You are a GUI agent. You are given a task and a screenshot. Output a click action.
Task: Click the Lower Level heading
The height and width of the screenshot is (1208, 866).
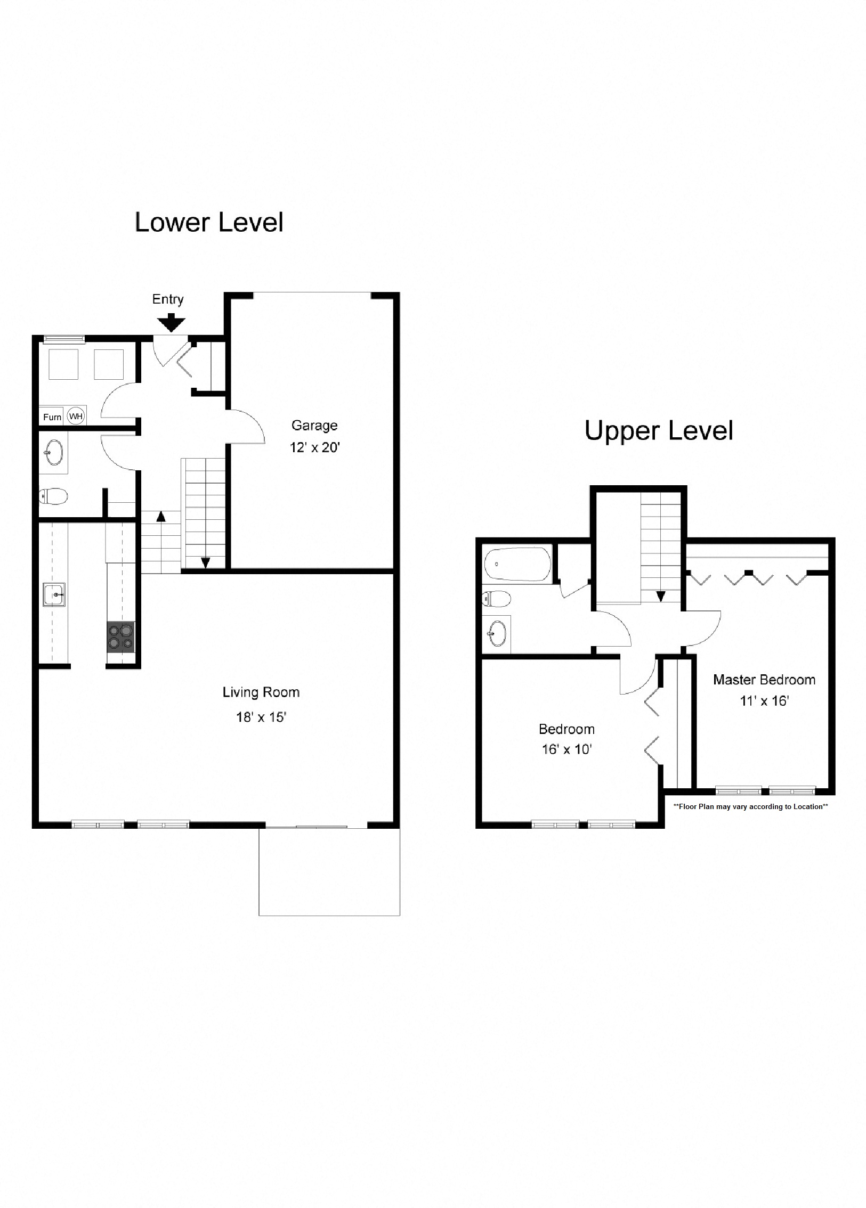208,222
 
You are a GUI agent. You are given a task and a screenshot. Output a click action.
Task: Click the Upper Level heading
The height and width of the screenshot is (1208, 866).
658,430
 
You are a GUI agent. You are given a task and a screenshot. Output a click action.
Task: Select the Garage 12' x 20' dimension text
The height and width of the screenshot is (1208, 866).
314,447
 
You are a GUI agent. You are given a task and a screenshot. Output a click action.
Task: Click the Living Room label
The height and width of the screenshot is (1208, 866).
261,692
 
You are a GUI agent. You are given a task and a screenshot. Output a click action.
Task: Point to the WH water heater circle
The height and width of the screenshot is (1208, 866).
76,416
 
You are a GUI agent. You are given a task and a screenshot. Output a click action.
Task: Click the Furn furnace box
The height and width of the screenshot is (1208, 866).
52,417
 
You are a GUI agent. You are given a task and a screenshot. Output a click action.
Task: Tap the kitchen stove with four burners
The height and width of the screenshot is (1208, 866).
120,636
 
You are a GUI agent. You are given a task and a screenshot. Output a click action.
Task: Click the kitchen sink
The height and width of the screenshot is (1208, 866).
54,594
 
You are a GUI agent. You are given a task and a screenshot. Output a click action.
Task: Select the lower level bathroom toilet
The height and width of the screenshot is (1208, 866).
53,497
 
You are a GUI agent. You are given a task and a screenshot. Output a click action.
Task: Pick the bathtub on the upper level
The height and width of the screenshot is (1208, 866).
517,564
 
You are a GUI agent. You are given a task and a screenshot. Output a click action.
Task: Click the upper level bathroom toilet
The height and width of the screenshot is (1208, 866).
496,599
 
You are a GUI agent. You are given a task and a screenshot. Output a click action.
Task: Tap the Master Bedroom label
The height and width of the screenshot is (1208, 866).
764,680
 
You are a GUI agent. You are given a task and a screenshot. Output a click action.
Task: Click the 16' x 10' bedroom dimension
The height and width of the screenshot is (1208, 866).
566,749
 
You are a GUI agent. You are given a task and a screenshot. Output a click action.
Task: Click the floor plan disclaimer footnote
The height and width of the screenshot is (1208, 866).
750,806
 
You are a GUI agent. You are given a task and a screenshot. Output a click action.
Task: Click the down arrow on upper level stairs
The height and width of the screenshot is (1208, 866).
660,597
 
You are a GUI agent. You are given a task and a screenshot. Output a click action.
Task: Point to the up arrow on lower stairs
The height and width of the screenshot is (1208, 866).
160,516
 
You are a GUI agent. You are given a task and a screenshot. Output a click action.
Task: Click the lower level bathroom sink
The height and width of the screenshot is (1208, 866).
53,453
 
